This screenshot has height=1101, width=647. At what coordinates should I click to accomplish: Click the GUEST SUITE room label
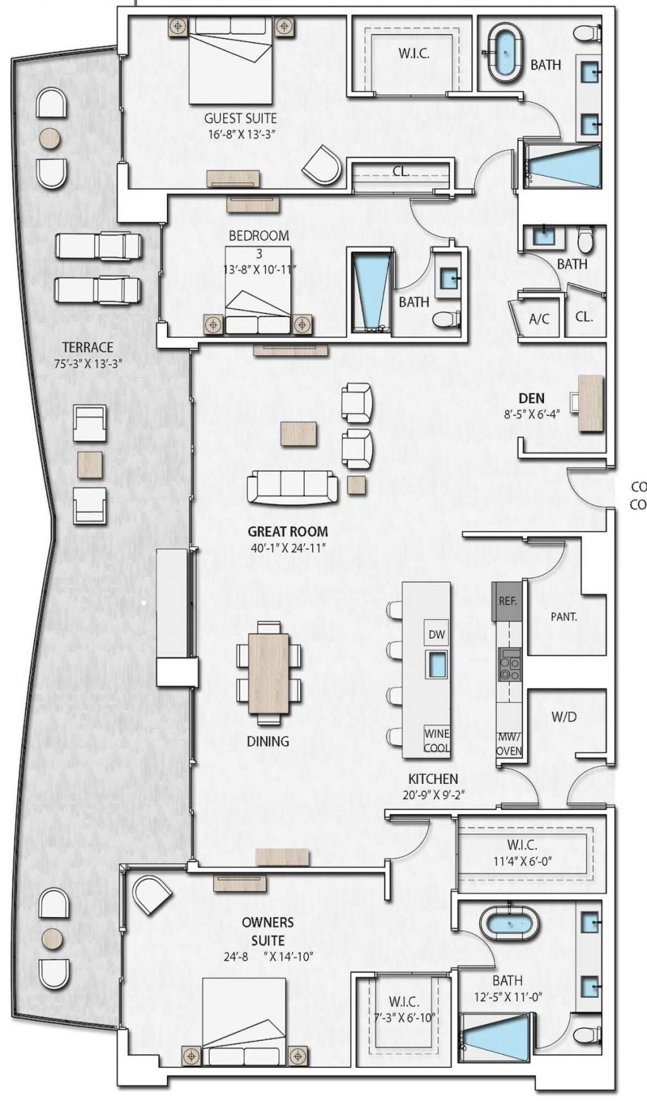[x=240, y=118]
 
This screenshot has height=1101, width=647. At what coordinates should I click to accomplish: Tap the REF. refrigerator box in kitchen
[x=507, y=601]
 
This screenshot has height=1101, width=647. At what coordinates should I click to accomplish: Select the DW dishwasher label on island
[x=437, y=634]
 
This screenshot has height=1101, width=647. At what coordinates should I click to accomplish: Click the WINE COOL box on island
[x=437, y=740]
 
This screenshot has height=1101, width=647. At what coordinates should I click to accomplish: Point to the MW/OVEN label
[x=509, y=743]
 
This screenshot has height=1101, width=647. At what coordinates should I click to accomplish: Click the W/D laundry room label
[x=564, y=716]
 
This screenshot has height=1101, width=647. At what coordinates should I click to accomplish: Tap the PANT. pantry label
[x=564, y=617]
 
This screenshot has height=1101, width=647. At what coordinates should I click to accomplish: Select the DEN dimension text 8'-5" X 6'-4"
[x=531, y=415]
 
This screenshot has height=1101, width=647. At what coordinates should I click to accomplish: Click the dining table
[x=269, y=672]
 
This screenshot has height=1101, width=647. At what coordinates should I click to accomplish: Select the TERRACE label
[x=88, y=347]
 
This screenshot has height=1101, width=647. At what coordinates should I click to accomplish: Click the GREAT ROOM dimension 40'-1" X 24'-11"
[x=287, y=548]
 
